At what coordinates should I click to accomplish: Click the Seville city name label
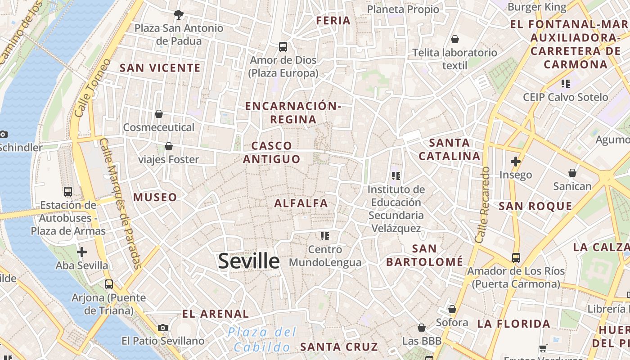(x=249, y=261)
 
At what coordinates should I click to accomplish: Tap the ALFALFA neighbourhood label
(x=301, y=203)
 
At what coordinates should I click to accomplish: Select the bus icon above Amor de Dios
(x=283, y=46)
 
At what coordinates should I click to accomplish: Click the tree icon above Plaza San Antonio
(x=179, y=14)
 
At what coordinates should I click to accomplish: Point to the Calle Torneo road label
(x=92, y=88)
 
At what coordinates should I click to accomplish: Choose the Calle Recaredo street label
(x=481, y=205)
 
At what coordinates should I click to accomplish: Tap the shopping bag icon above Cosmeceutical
(x=159, y=114)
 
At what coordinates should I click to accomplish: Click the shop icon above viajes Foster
(x=169, y=146)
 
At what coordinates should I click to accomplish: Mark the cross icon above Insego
(x=516, y=162)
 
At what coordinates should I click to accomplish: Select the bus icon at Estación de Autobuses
(x=68, y=192)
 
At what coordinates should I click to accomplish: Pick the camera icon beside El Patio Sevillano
(x=163, y=328)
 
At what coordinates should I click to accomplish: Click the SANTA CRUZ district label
(x=339, y=347)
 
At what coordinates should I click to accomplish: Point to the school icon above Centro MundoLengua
(x=325, y=236)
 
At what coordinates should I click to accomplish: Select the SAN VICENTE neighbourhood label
(x=160, y=68)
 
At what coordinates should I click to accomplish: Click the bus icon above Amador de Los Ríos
(x=516, y=258)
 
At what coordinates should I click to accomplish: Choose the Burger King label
(x=537, y=7)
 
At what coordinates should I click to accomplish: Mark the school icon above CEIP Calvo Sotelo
(x=566, y=83)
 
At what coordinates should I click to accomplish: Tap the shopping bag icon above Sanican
(x=572, y=173)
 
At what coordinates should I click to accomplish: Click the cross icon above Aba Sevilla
(x=82, y=252)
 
